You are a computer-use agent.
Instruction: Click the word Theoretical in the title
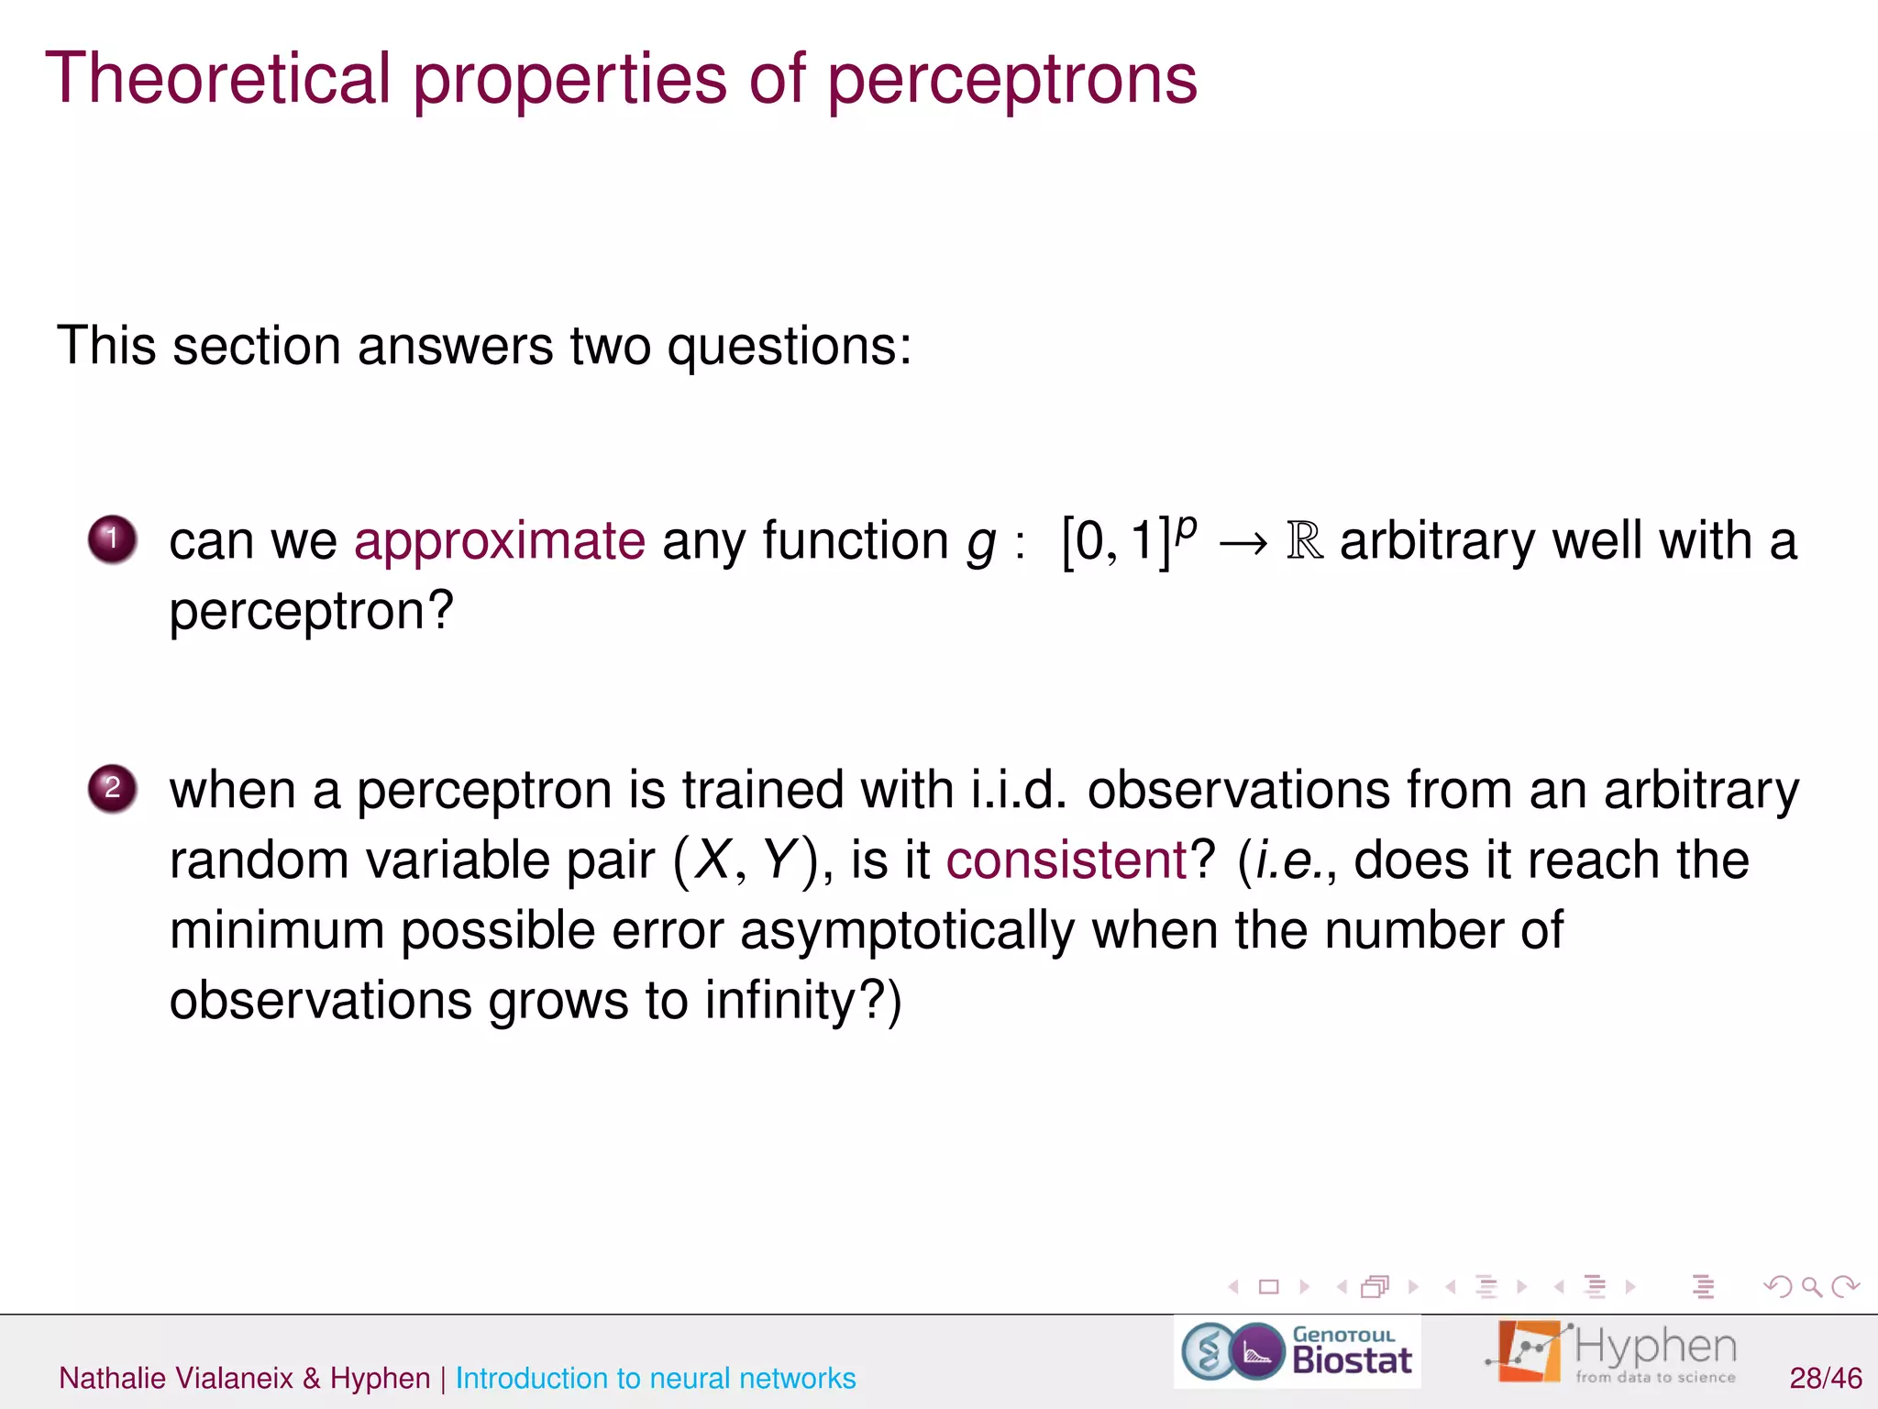(x=218, y=79)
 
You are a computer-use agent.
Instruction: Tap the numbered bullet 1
(x=112, y=538)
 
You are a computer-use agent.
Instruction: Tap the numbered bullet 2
(x=112, y=788)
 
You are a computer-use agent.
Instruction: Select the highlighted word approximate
(x=500, y=540)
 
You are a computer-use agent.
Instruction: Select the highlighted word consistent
(x=1066, y=860)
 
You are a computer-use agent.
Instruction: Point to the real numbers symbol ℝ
(x=1305, y=540)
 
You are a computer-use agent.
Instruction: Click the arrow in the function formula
(x=1243, y=543)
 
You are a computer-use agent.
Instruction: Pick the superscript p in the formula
(x=1186, y=527)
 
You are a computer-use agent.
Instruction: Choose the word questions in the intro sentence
(x=789, y=348)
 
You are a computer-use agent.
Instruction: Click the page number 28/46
(x=1825, y=1378)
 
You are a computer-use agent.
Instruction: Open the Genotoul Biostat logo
(x=1297, y=1352)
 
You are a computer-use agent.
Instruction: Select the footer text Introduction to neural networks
(x=655, y=1378)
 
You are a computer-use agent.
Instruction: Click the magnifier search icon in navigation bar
(x=1811, y=1287)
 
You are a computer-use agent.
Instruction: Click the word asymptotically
(x=907, y=931)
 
